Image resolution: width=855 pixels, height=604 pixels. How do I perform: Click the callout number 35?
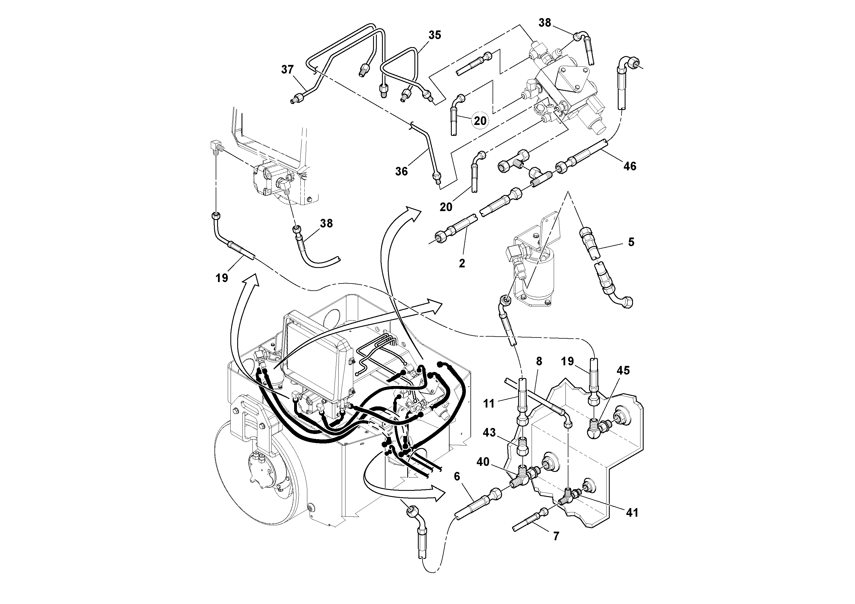(435, 35)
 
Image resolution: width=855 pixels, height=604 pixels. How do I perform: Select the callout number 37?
(287, 70)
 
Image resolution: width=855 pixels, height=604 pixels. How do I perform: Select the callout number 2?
(462, 263)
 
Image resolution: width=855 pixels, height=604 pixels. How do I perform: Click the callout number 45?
(623, 370)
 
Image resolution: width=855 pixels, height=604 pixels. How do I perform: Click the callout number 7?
(556, 536)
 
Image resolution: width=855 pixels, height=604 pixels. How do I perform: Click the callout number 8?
(539, 361)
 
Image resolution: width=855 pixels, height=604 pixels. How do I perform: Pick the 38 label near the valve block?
(545, 23)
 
